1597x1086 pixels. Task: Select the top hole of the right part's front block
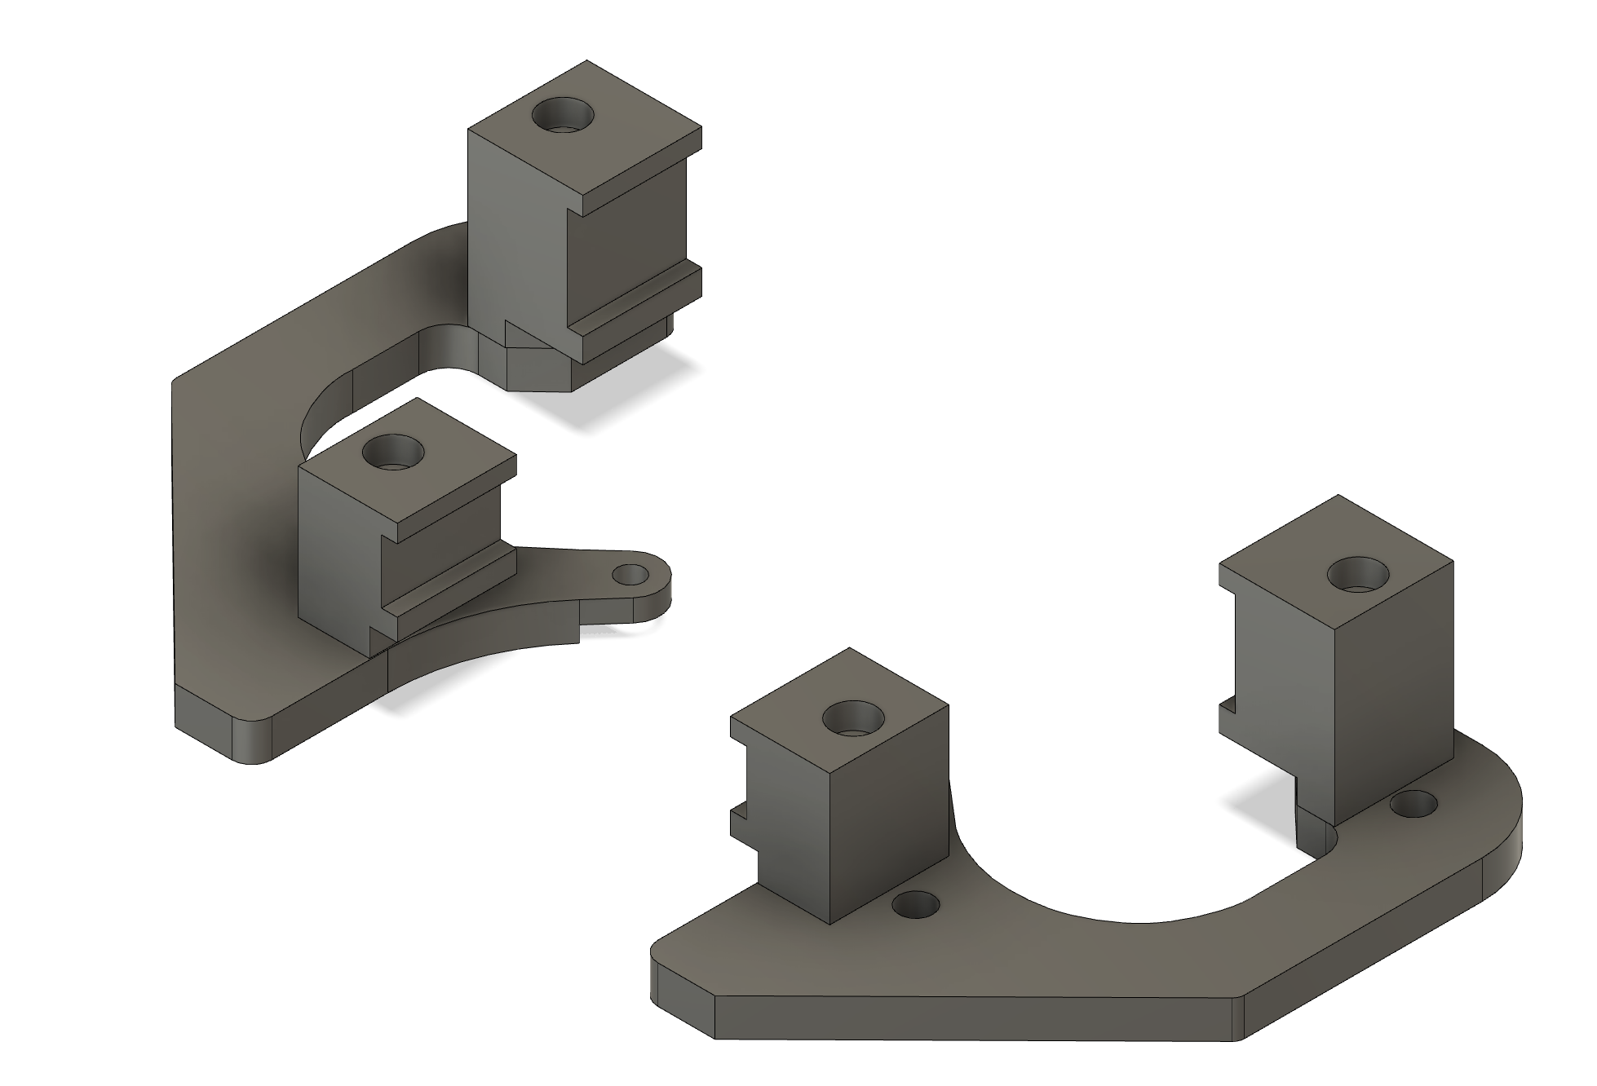click(x=854, y=719)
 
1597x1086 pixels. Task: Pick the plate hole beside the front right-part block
click(x=916, y=904)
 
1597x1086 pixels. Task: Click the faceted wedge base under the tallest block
click(x=538, y=371)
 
